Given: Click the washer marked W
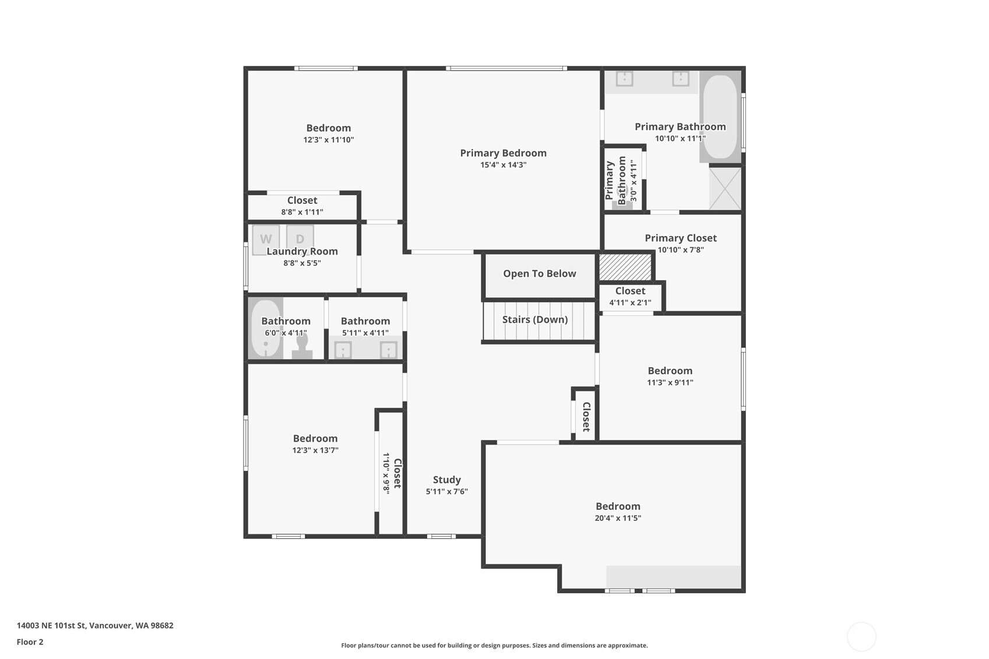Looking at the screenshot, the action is tap(266, 239).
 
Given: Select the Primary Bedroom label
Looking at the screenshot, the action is tap(504, 153).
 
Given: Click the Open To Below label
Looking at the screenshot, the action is tap(540, 274).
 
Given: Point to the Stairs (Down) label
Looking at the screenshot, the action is tap(535, 319).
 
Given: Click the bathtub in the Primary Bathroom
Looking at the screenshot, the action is tap(720, 117).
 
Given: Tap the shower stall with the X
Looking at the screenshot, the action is tap(725, 188).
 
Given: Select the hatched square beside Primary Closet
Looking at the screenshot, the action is tap(625, 267).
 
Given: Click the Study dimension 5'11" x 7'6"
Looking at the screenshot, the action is tap(447, 492).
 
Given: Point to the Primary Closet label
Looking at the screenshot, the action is tap(681, 238).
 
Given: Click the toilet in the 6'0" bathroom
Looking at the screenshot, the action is tap(302, 346).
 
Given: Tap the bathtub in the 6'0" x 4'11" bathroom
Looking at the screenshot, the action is tap(266, 329).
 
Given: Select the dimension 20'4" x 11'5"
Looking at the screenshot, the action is tap(618, 518).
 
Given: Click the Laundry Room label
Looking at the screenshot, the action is tap(302, 252).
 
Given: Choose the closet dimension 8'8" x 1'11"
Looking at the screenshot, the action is tap(302, 212).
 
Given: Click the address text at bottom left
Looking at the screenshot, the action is tap(95, 625).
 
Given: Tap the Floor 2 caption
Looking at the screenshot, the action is tap(30, 642).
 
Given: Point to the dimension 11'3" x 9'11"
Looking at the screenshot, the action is tap(670, 383).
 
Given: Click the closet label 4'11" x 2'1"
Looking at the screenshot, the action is tap(630, 303).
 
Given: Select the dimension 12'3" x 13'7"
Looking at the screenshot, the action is tap(315, 450).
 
